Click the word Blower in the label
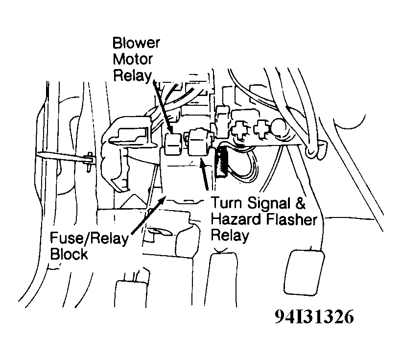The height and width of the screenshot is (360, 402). (x=136, y=43)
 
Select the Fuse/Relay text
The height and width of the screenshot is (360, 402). (x=90, y=240)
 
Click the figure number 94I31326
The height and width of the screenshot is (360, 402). (x=313, y=318)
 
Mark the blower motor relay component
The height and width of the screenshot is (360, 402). (x=173, y=143)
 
